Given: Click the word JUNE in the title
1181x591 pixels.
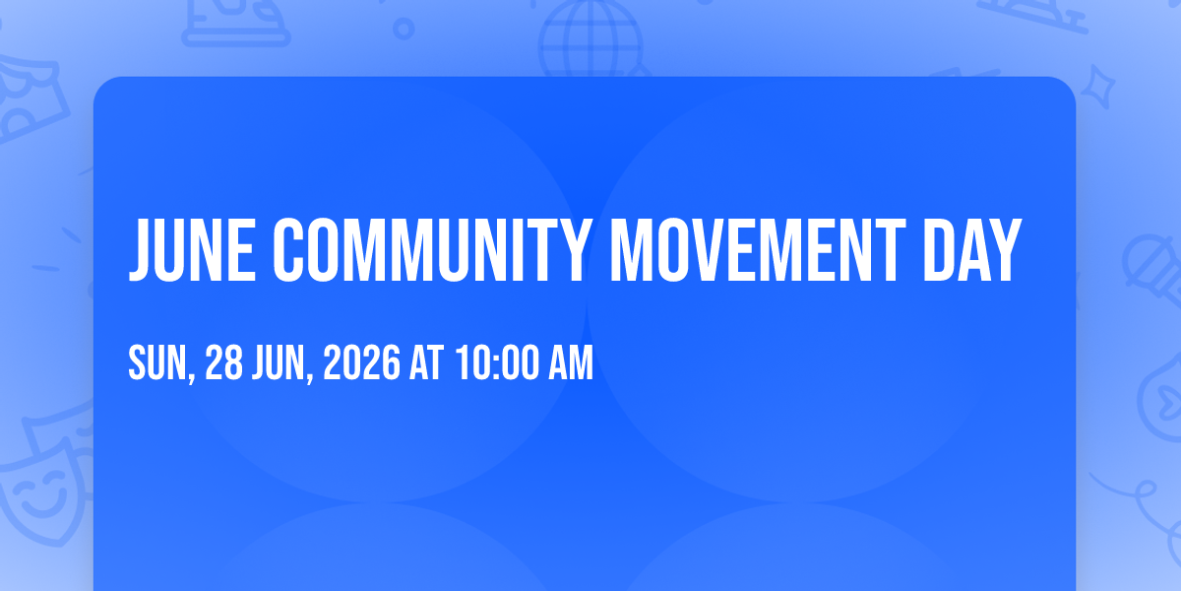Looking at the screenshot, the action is pyautogui.click(x=193, y=250).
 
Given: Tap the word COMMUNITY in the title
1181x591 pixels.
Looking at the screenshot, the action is pyautogui.click(x=432, y=250).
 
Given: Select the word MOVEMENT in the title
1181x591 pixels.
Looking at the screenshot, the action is pyautogui.click(x=758, y=250).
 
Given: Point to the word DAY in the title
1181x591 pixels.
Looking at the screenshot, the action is pyautogui.click(x=972, y=250).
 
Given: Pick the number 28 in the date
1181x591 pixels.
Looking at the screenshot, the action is pyautogui.click(x=223, y=362).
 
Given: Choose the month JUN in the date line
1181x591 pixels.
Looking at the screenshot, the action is pyautogui.click(x=279, y=362).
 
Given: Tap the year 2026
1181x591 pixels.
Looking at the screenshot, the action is pyautogui.click(x=362, y=362).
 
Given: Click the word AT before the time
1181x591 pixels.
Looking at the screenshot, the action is pyautogui.click(x=426, y=362).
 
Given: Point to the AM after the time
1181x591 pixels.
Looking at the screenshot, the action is pyautogui.click(x=571, y=362).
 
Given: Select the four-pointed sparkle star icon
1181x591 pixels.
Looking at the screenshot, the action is pyautogui.click(x=1098, y=87).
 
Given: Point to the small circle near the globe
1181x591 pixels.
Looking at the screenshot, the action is pyautogui.click(x=404, y=29).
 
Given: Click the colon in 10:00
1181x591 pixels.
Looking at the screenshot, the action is pyautogui.click(x=496, y=365).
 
